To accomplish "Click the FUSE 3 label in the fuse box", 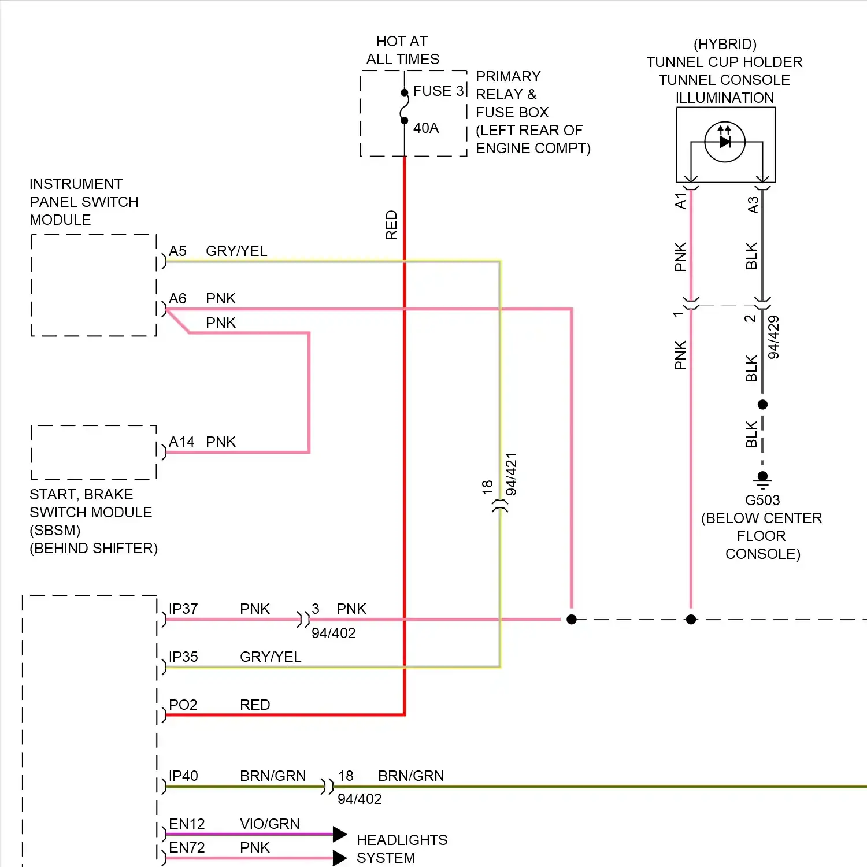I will click(x=439, y=91).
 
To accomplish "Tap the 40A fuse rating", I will click(x=426, y=128).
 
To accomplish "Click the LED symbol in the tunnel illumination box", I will click(x=725, y=141).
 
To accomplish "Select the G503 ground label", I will click(x=762, y=500).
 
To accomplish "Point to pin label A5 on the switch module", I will click(x=177, y=251).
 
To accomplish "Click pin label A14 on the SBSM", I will click(x=181, y=442).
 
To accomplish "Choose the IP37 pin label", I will click(x=183, y=609).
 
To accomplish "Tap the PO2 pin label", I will click(x=183, y=705).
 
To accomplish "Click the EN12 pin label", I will click(x=187, y=824).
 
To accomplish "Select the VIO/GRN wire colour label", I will click(x=270, y=824).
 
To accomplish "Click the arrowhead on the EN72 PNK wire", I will click(x=340, y=858).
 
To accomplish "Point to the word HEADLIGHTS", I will click(x=402, y=840).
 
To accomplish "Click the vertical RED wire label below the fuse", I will click(x=391, y=225).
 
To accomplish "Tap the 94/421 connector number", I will click(x=512, y=475).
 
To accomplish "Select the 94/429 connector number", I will click(x=773, y=338).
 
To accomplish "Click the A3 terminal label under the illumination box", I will click(x=753, y=205).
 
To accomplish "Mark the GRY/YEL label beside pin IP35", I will click(x=271, y=657).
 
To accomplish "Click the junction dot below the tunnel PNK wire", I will click(x=691, y=620).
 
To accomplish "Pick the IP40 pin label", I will click(x=183, y=776).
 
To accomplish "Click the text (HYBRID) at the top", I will click(x=725, y=45).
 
